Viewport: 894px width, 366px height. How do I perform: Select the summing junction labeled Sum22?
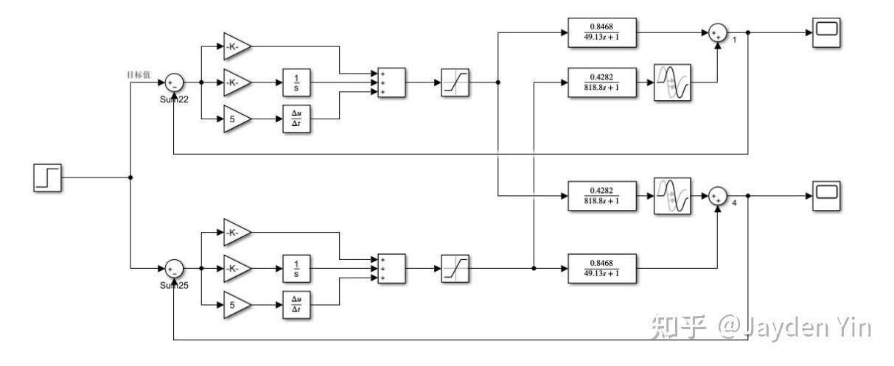173,82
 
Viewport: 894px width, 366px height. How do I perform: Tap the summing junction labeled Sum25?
174,268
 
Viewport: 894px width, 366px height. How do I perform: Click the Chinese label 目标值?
139,74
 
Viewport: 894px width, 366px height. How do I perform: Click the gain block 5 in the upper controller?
234,119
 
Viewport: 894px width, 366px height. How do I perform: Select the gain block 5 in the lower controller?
234,304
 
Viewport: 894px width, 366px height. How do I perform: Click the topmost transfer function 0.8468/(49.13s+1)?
602,33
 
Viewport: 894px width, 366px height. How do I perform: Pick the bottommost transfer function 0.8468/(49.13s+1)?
602,269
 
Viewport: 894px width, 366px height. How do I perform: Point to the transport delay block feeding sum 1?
672,82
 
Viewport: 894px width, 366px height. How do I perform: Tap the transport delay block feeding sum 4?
672,196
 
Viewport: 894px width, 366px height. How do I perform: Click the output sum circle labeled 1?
717,33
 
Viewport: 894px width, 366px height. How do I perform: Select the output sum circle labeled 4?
717,196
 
